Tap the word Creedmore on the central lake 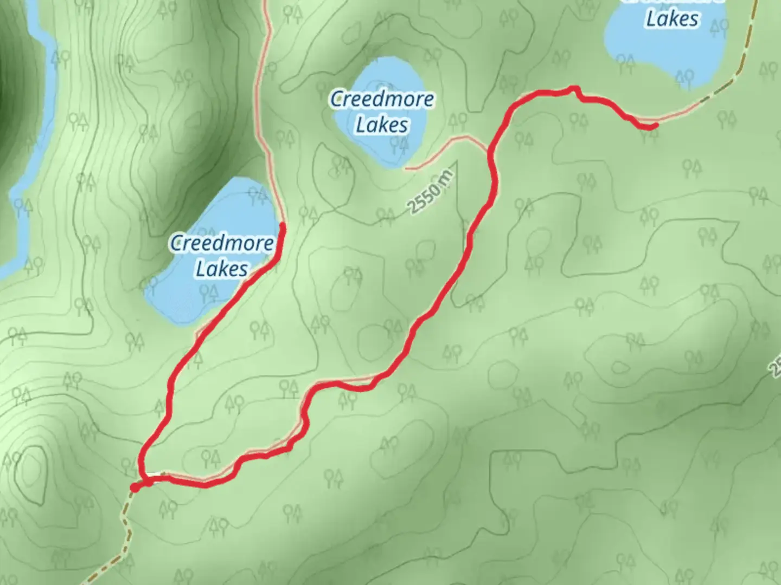[x=382, y=100]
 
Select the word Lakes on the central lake [x=382, y=125]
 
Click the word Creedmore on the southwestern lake [x=222, y=243]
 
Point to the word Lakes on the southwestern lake [x=222, y=269]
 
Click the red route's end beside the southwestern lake [x=282, y=224]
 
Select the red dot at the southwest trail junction [x=134, y=488]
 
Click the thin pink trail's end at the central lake [x=407, y=168]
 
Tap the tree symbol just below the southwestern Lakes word [x=209, y=293]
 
